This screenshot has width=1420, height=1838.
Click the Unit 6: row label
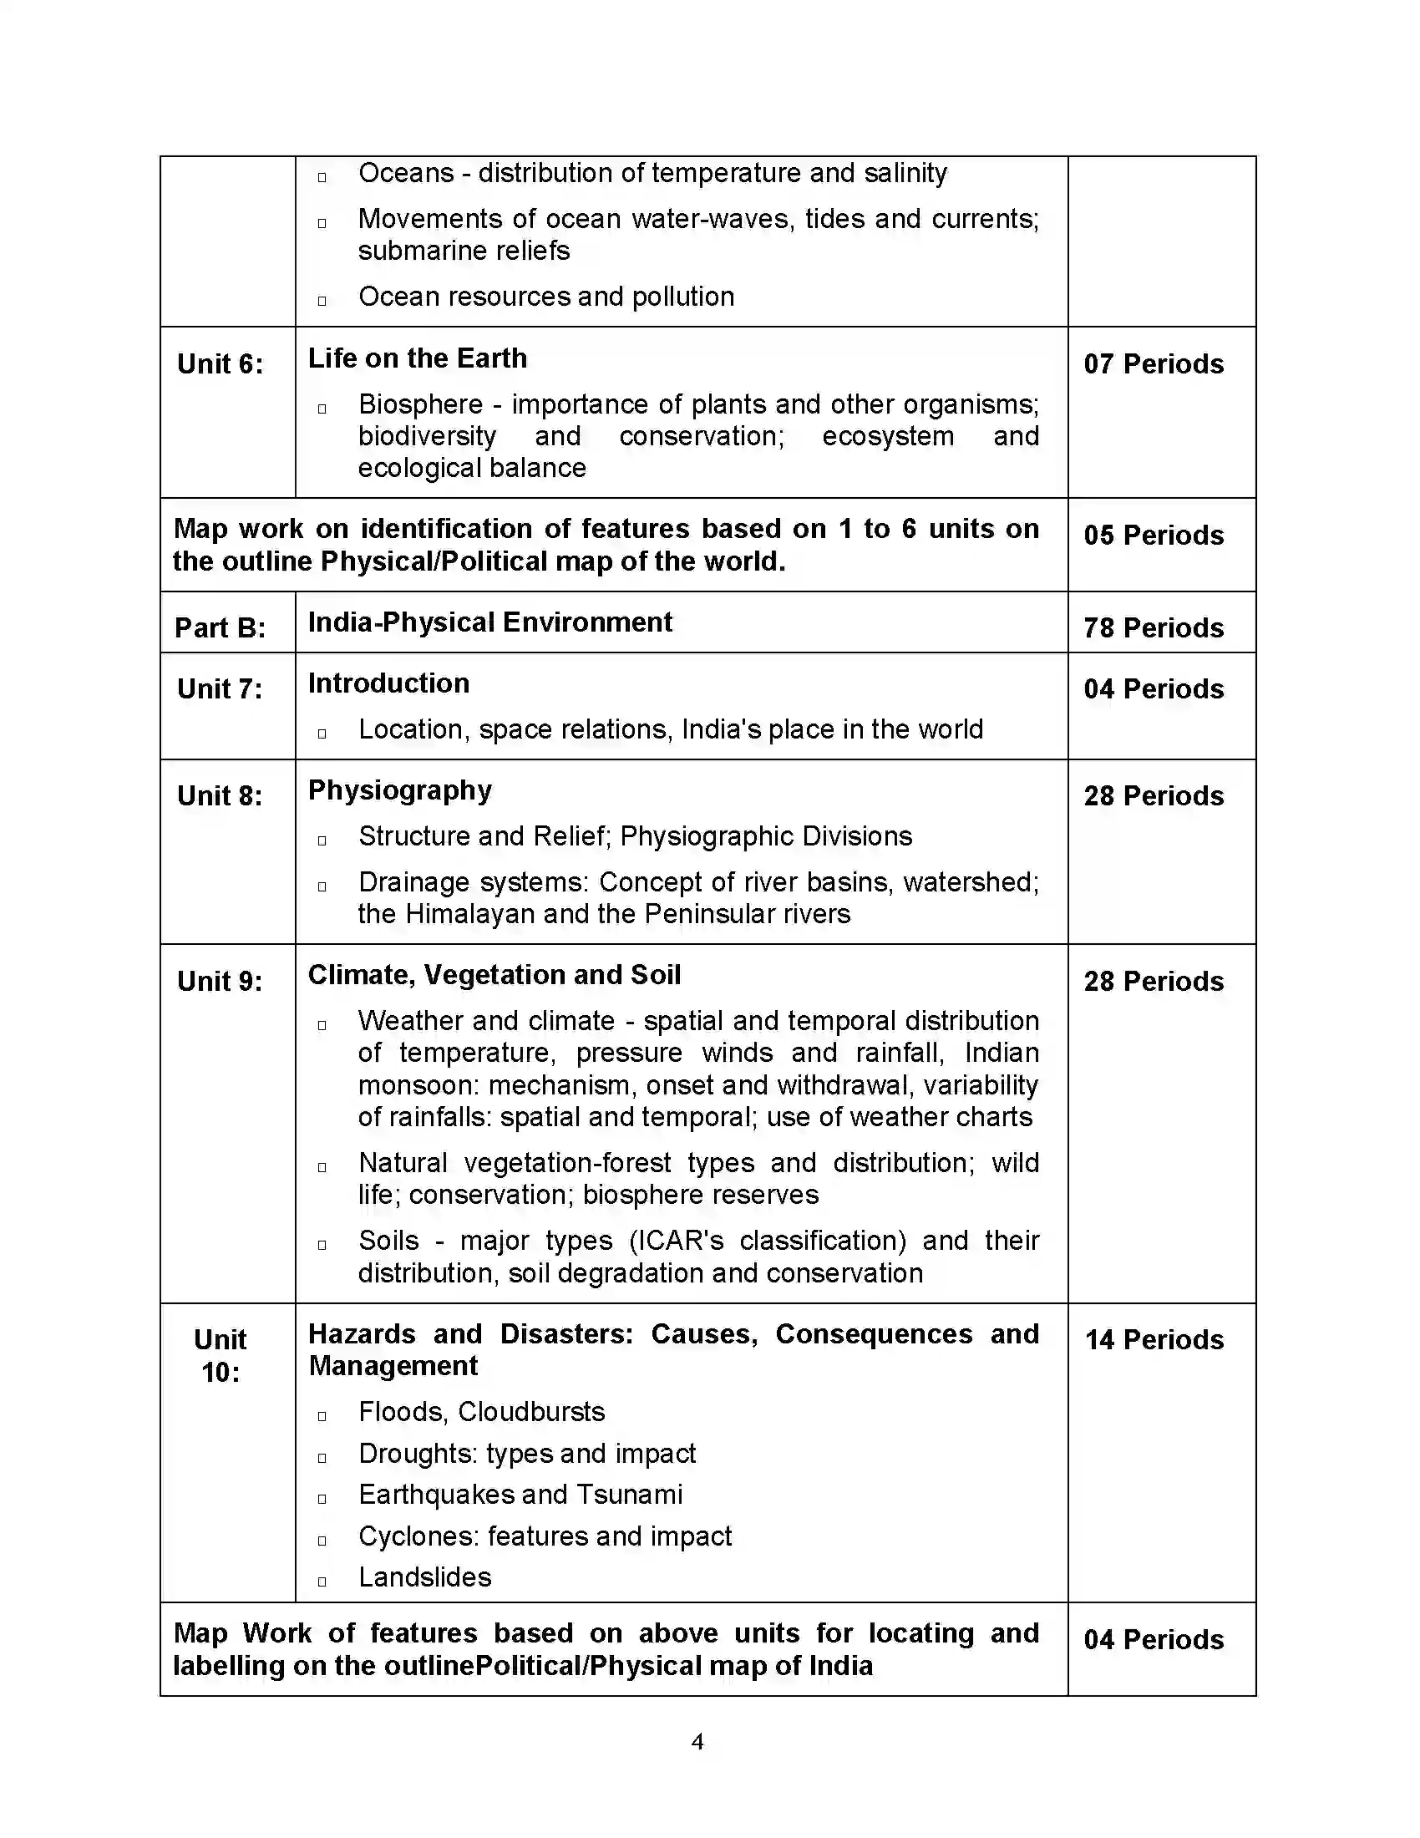point(220,363)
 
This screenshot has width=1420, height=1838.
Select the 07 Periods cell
point(1154,363)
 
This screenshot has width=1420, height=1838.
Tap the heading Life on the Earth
point(418,358)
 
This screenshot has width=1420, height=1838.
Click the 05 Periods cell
point(1154,535)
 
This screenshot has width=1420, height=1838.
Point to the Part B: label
point(220,627)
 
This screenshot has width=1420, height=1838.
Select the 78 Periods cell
point(1154,627)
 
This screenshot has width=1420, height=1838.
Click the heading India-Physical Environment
point(489,622)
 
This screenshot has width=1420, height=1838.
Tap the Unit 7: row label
point(220,688)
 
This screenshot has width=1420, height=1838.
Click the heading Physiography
point(399,790)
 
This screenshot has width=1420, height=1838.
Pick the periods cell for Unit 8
point(1154,795)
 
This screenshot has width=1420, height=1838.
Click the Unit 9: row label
point(220,982)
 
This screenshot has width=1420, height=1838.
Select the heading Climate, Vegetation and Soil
point(494,974)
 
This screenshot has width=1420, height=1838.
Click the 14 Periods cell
point(1154,1340)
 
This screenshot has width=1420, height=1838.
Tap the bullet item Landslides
point(425,1577)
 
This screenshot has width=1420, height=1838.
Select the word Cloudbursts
point(531,1411)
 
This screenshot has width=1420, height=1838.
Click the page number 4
point(697,1741)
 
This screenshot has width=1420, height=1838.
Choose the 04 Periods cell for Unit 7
point(1154,688)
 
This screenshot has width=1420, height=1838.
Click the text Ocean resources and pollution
point(546,297)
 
